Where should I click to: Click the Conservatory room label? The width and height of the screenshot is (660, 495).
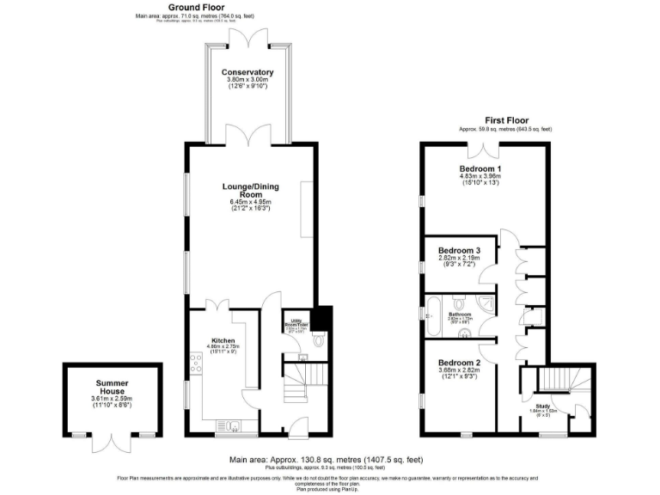247,72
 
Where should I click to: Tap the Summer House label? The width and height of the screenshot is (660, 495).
112,388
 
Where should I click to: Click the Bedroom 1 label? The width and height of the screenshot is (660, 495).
481,169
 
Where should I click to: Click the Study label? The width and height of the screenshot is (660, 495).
542,406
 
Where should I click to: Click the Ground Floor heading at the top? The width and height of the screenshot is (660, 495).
178,7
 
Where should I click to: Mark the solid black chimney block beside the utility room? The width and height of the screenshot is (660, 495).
324,318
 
